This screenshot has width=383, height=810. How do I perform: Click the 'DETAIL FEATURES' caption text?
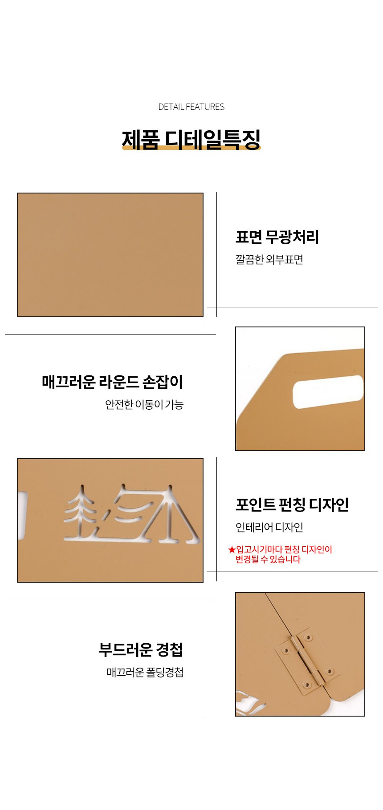(x=191, y=107)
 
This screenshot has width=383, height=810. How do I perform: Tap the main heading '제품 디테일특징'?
(x=191, y=139)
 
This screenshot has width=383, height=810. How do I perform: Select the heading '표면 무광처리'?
(x=277, y=237)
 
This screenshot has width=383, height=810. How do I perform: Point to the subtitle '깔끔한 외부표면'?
(x=269, y=260)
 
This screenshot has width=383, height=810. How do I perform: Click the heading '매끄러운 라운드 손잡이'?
(x=113, y=382)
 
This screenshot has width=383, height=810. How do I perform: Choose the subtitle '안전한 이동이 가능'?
(x=144, y=405)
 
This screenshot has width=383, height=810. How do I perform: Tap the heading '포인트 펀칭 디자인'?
(x=292, y=505)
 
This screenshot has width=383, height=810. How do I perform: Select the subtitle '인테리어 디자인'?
(x=269, y=528)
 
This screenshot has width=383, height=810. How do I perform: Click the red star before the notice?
(x=232, y=550)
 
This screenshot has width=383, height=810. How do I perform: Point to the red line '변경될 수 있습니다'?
(x=268, y=560)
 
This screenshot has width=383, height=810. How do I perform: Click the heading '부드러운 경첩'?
(x=141, y=650)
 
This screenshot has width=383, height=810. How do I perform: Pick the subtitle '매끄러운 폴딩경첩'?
(x=145, y=672)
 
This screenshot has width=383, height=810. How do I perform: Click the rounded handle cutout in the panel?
(x=328, y=391)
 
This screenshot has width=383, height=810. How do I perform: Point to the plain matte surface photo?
(x=110, y=255)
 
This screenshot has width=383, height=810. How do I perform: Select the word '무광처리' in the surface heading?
(x=292, y=237)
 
